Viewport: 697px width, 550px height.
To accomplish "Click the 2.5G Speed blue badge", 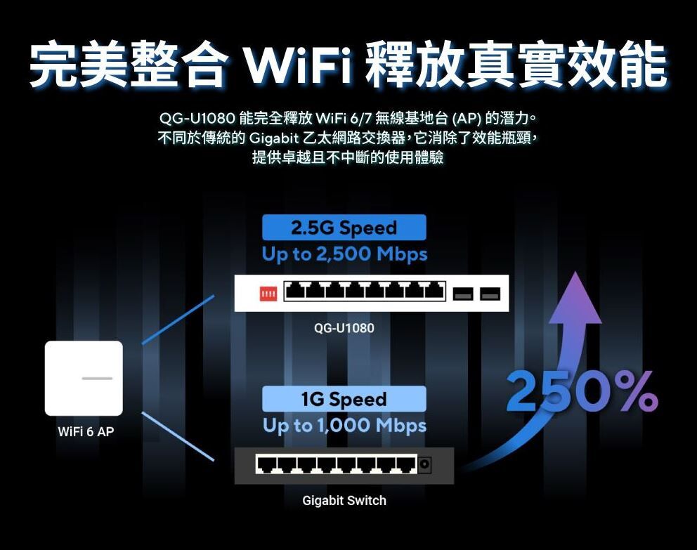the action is pyautogui.click(x=344, y=228).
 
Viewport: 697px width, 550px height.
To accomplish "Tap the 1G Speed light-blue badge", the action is pyautogui.click(x=344, y=399).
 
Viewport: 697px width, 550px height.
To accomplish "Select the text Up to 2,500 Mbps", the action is pyautogui.click(x=344, y=254).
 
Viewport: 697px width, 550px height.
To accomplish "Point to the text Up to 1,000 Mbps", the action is pyautogui.click(x=344, y=425).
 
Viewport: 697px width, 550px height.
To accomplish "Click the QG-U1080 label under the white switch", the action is pyautogui.click(x=344, y=328).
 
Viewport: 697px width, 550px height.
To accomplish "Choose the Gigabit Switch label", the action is pyautogui.click(x=344, y=500).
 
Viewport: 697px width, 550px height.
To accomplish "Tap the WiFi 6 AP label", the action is pyautogui.click(x=85, y=431).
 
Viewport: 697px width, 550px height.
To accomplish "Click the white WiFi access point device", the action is pyautogui.click(x=84, y=378).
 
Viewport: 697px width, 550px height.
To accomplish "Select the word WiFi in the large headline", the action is pyautogui.click(x=298, y=65).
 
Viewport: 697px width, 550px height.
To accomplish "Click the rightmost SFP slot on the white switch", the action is pyautogui.click(x=490, y=293).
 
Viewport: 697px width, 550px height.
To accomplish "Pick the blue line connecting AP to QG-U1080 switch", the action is pyautogui.click(x=178, y=320).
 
